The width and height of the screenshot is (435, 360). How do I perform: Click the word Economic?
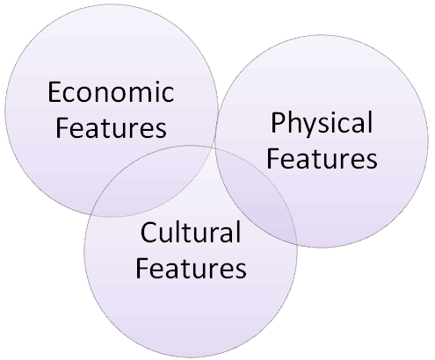point(111,91)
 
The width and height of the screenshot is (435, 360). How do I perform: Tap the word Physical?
point(322,124)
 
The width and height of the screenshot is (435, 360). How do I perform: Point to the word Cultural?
point(191,232)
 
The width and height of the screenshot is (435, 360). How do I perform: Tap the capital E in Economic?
point(54,92)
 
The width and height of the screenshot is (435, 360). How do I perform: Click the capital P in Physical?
point(278,123)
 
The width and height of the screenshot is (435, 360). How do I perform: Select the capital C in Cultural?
point(149,232)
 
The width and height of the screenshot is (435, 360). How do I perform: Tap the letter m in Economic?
point(141,95)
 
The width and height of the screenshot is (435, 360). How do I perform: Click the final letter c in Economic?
point(168,95)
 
